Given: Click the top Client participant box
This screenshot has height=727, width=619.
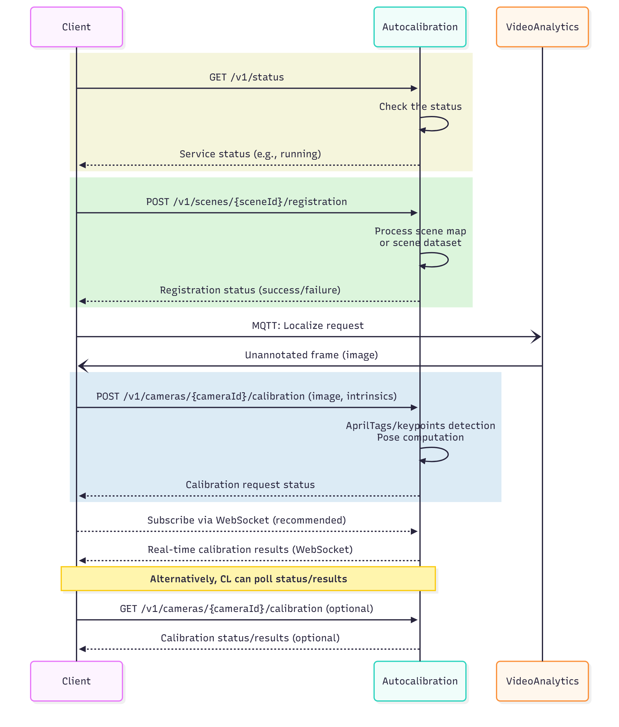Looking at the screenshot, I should click(x=77, y=27).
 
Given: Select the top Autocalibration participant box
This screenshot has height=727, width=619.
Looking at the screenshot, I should click(x=420, y=27).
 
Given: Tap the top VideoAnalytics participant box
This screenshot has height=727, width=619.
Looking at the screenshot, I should click(x=542, y=27).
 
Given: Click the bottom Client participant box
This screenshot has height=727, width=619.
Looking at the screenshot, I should click(x=77, y=681).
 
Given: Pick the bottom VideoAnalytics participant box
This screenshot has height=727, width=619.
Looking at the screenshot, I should click(x=542, y=681).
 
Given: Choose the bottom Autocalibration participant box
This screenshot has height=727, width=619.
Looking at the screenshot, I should click(x=420, y=681).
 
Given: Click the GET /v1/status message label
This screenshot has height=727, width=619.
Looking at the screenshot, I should click(x=246, y=77).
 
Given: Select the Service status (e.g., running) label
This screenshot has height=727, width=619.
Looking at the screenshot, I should click(x=250, y=154).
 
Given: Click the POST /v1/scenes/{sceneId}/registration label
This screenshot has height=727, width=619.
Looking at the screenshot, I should click(x=246, y=202).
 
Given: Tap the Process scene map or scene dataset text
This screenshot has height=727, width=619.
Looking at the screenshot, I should click(x=420, y=237).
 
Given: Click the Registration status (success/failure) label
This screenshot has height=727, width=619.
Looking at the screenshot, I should click(x=250, y=290).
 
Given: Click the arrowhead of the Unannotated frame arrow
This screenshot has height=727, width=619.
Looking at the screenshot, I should click(x=83, y=366).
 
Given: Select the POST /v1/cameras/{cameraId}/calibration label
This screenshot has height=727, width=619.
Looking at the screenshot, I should click(x=246, y=396).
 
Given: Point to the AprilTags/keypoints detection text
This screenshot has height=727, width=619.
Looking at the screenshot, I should click(x=420, y=426).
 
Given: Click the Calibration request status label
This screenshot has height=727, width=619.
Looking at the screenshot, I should click(x=250, y=485).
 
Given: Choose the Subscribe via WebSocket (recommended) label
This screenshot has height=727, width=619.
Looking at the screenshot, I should click(x=246, y=520).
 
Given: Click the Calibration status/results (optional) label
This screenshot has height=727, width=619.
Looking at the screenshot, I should click(x=250, y=638).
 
